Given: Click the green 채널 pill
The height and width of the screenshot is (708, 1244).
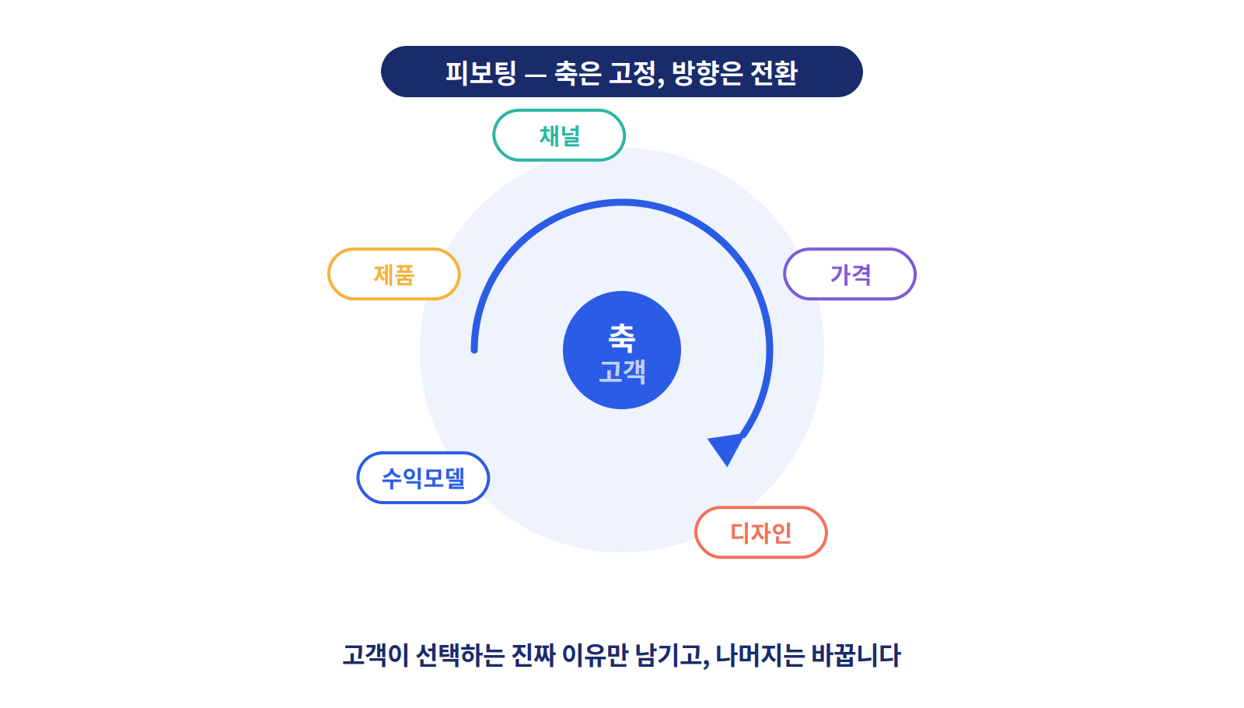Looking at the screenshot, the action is [559, 135].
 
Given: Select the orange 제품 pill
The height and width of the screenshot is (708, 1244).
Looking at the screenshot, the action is [393, 275].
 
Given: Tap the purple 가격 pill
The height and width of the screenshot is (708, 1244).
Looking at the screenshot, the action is [850, 275].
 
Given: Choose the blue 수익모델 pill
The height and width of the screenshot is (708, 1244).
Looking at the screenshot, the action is [423, 478].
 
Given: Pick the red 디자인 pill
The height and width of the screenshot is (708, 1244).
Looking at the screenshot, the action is [761, 532].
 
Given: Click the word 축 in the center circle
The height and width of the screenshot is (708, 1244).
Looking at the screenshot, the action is [622, 338].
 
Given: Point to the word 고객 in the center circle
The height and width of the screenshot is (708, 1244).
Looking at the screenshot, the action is [622, 371].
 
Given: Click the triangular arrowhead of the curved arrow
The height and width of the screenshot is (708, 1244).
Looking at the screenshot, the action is [726, 448].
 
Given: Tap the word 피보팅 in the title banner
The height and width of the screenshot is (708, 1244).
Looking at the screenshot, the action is [481, 73].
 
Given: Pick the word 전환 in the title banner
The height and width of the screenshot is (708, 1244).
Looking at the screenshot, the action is [774, 73].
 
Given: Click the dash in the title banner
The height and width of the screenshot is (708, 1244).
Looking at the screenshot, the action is [536, 74].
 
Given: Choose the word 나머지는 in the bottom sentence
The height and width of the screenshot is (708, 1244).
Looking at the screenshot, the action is [760, 655].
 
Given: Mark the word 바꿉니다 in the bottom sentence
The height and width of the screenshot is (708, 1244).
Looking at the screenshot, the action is [856, 655].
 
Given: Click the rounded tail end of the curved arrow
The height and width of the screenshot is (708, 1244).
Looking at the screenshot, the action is [474, 349].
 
